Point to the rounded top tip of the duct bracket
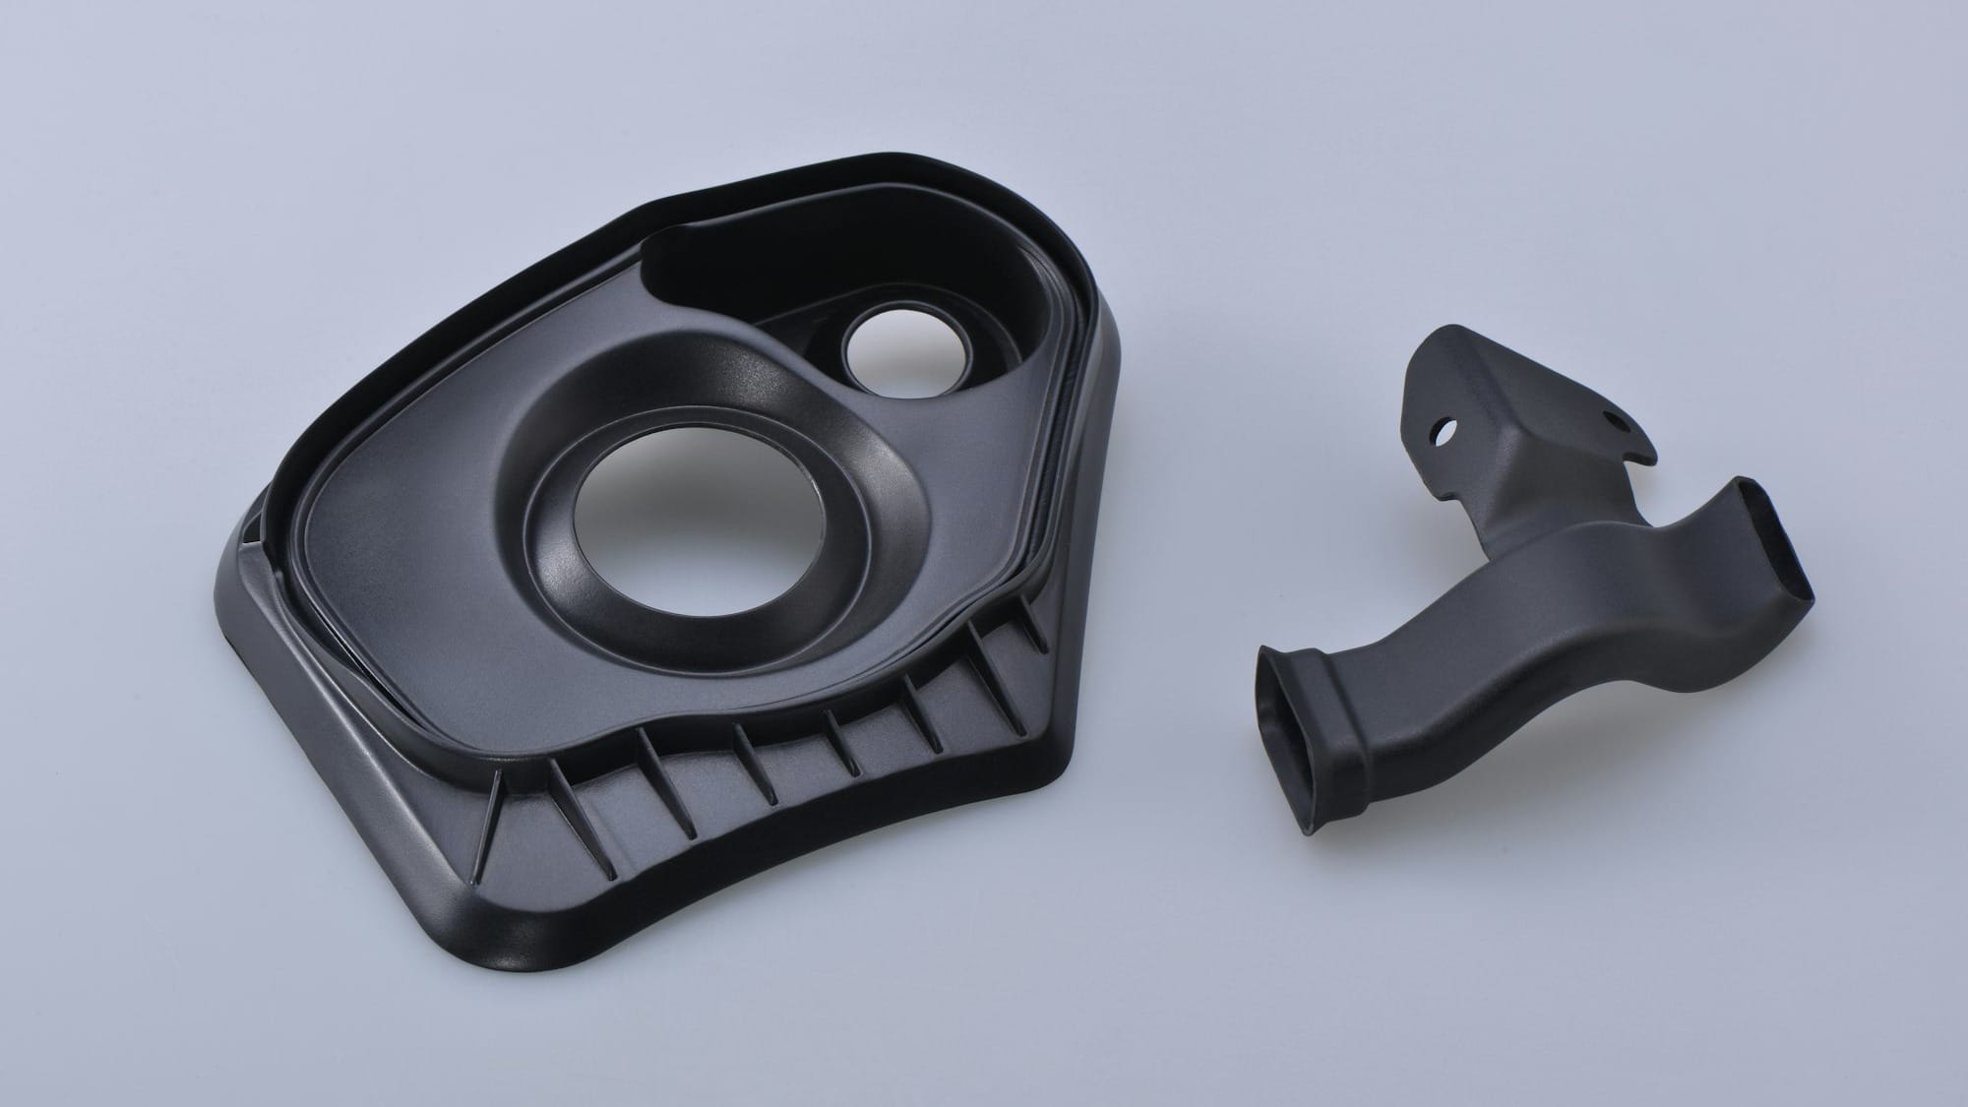(1438, 342)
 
